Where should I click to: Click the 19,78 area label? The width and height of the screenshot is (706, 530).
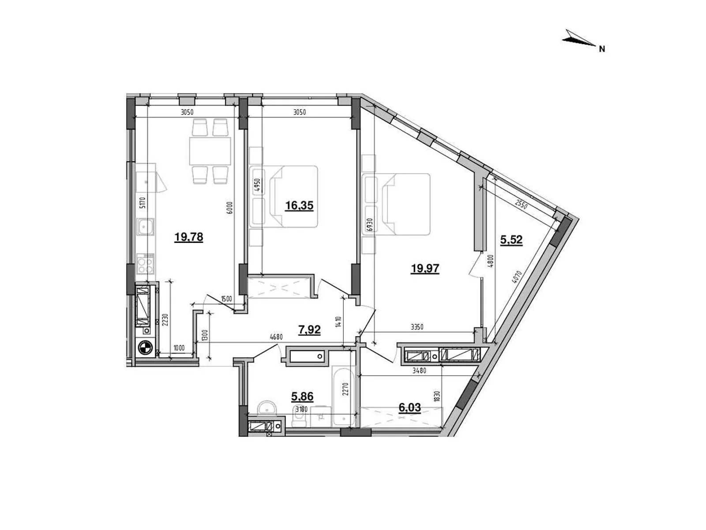coord(188,237)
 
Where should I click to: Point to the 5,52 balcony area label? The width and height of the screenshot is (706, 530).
coord(511,240)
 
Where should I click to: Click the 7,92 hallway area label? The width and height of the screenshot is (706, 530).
coord(309,329)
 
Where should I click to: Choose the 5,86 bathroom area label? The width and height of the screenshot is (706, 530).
coord(302,397)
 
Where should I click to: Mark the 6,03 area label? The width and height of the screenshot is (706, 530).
coord(409,407)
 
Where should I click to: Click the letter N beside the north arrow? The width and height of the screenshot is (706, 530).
coord(602,49)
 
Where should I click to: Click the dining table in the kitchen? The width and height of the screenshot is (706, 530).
coord(210,151)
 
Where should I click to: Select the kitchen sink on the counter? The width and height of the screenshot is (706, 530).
coord(145,228)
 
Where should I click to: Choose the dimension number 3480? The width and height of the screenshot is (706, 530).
coord(419,371)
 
